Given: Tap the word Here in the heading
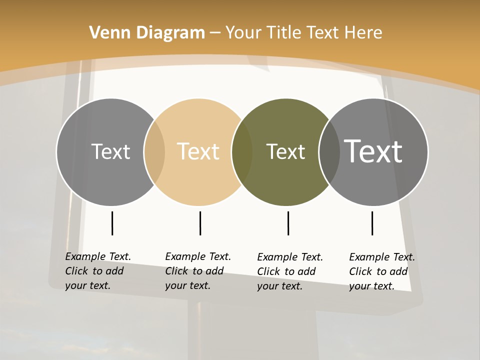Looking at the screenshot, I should (364, 32).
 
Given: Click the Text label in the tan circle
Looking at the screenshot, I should (198, 151).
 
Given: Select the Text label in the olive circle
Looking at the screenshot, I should (285, 151).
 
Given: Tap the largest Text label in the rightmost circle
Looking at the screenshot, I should (373, 151).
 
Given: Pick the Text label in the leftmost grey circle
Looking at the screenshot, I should (110, 151).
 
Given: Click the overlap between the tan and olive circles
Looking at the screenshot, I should (242, 152).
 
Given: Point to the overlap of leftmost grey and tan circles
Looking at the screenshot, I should (154, 152).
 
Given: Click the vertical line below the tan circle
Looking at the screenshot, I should (200, 223).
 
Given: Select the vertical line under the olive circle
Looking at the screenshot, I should (288, 223).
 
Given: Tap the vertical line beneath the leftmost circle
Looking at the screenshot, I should (112, 223).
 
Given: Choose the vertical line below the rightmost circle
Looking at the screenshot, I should (372, 223).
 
